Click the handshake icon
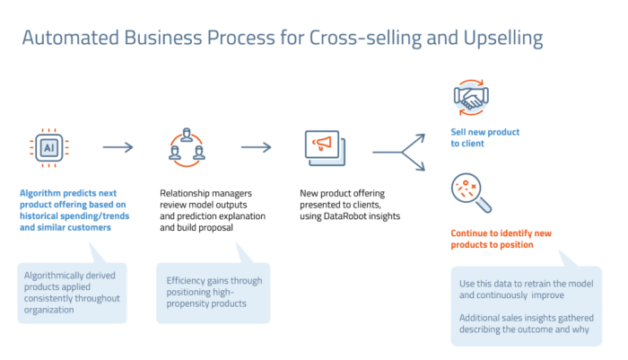[472, 94]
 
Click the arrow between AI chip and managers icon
[118, 147]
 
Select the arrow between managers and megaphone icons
[256, 147]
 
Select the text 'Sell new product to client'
[484, 137]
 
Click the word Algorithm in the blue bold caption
[43, 192]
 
